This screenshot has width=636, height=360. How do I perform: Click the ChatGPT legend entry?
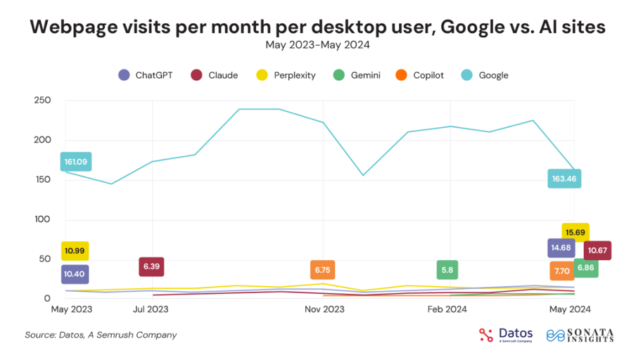(x=146, y=75)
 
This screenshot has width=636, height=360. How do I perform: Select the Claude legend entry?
(x=217, y=75)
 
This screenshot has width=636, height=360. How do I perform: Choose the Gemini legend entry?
(x=358, y=75)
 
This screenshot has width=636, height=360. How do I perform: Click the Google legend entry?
(x=485, y=75)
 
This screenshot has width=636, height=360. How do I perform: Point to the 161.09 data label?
(x=75, y=162)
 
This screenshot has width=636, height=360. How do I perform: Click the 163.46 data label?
(x=565, y=179)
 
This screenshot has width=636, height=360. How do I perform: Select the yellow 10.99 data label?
(x=75, y=251)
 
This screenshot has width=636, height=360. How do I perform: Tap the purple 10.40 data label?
(x=75, y=275)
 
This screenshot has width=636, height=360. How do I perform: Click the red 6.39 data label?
(x=151, y=267)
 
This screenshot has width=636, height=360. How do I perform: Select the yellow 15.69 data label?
(x=575, y=232)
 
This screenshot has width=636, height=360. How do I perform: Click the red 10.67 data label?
(x=597, y=250)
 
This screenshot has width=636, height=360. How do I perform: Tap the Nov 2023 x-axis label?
(x=324, y=309)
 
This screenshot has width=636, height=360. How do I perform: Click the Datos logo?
(x=506, y=335)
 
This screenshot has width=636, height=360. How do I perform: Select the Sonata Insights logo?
(x=580, y=335)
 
